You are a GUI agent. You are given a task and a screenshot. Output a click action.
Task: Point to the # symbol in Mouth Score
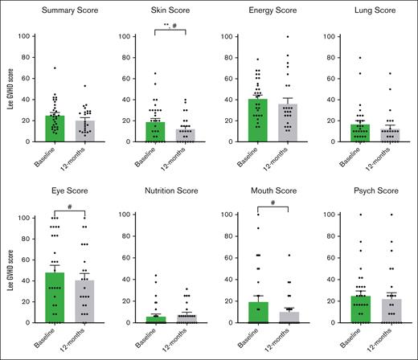point(273,204)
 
